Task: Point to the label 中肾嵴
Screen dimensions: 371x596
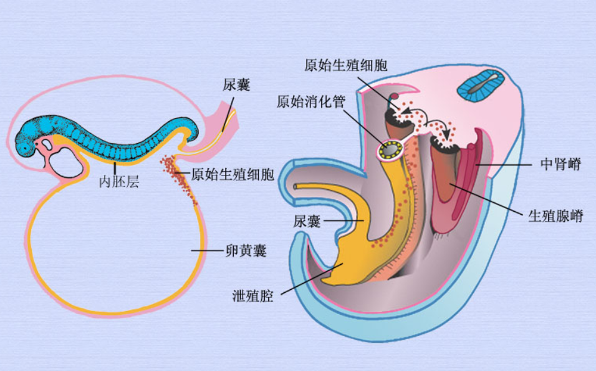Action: (560, 165)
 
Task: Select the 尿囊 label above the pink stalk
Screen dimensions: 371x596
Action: (236, 85)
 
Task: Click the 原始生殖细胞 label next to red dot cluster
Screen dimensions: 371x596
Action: (233, 174)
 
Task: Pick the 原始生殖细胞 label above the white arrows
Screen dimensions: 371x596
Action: (346, 65)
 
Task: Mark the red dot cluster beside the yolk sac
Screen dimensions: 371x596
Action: (179, 178)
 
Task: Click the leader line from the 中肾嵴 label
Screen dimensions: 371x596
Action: (505, 165)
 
